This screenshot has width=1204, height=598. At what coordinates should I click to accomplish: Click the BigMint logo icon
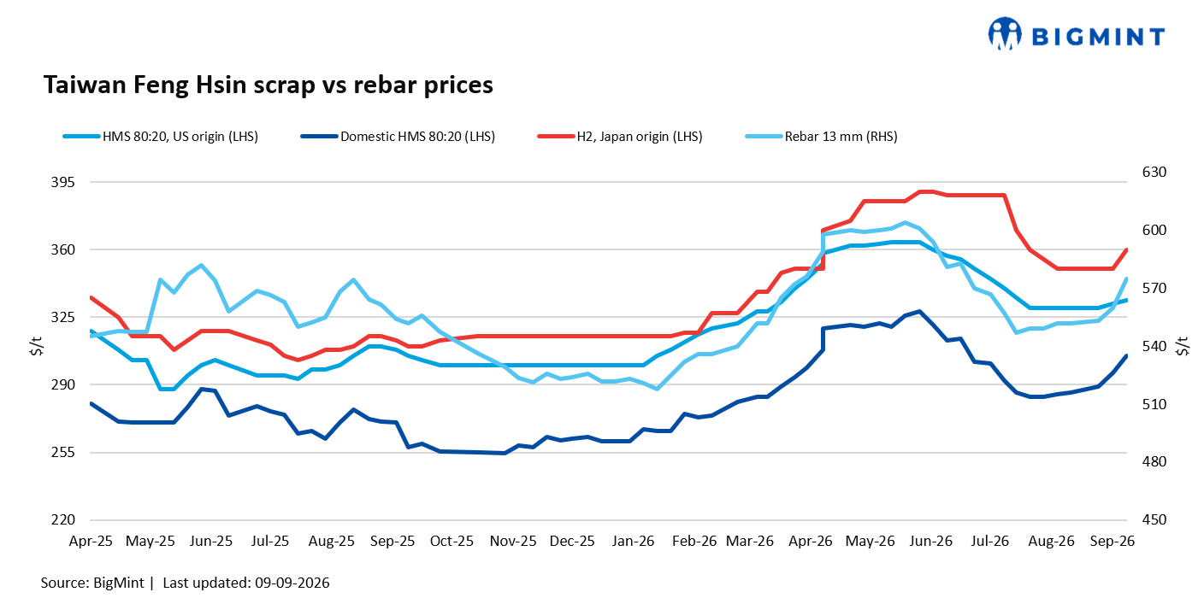pyautogui.click(x=1005, y=34)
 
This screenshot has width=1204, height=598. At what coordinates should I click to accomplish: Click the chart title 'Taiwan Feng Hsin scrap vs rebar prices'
pyautogui.click(x=269, y=85)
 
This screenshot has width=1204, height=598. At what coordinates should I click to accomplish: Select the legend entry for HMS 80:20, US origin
pyautogui.click(x=161, y=137)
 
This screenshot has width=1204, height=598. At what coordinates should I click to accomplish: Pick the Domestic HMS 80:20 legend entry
pyautogui.click(x=398, y=137)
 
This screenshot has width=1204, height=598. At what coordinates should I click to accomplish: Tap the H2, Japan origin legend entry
pyautogui.click(x=620, y=137)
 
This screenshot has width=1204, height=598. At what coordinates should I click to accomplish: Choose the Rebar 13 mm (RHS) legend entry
pyautogui.click(x=821, y=137)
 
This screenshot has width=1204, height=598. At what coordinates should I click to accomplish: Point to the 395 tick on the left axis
pyautogui.click(x=63, y=183)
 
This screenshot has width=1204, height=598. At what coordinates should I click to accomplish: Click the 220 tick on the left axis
pyautogui.click(x=63, y=519)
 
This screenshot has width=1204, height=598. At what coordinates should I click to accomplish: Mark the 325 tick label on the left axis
pyautogui.click(x=63, y=317)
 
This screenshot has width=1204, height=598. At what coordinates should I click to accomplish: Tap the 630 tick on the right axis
pyautogui.click(x=1154, y=173)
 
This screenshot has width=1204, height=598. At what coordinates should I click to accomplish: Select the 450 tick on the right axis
pyautogui.click(x=1154, y=519)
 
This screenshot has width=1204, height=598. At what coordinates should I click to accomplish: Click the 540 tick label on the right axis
pyautogui.click(x=1154, y=346)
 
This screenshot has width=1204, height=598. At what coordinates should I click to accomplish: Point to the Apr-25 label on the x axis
pyautogui.click(x=91, y=541)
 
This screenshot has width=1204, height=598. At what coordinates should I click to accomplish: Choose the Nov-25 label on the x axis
pyautogui.click(x=513, y=541)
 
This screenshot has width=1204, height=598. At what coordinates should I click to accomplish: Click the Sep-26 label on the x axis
pyautogui.click(x=1113, y=541)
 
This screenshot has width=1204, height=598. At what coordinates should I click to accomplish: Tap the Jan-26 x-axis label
pyautogui.click(x=633, y=541)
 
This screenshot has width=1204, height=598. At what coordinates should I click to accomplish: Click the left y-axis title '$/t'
pyautogui.click(x=37, y=346)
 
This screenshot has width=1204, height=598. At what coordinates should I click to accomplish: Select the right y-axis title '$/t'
pyautogui.click(x=1183, y=346)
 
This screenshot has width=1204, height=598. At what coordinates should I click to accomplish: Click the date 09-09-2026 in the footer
pyautogui.click(x=292, y=583)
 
